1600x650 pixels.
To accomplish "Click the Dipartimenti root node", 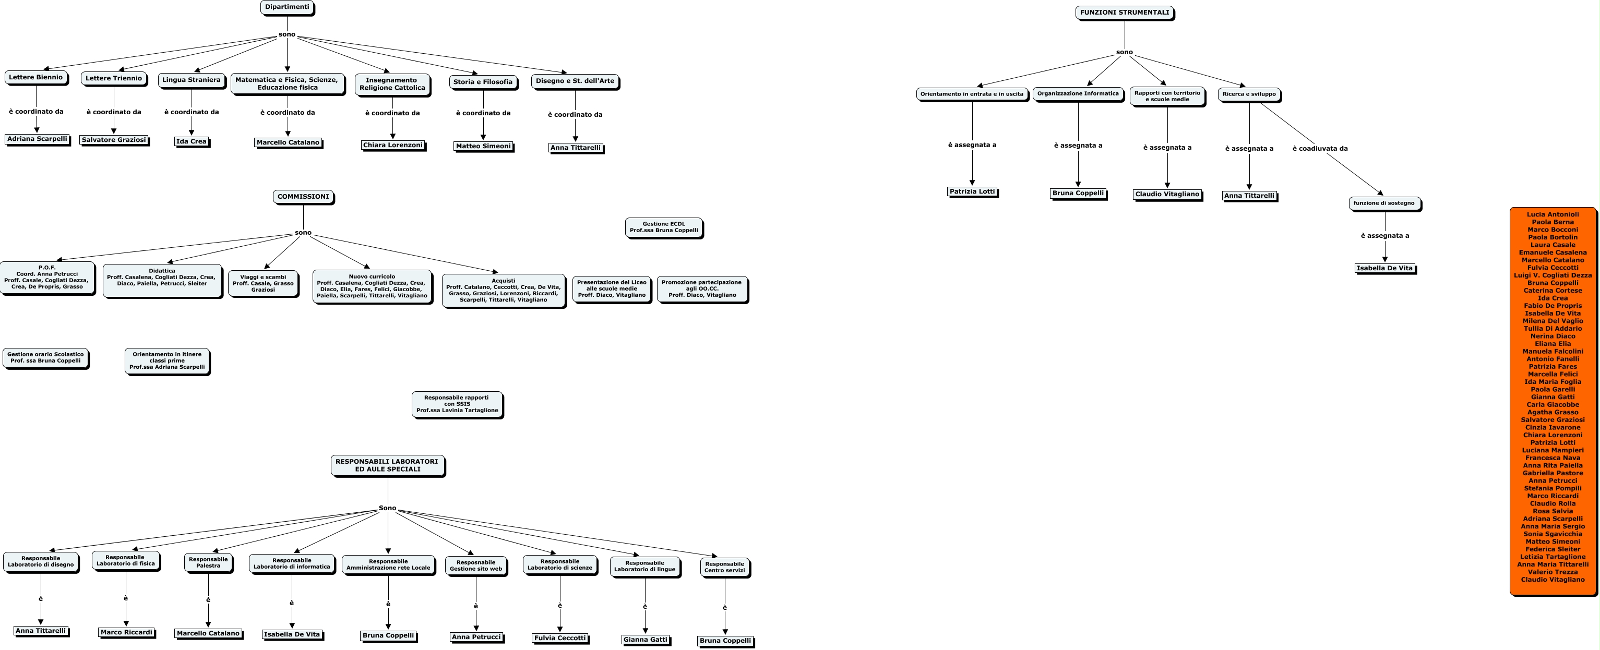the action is [287, 7].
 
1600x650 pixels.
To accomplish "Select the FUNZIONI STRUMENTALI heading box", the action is [1124, 13].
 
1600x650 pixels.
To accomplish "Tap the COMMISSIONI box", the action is [303, 197].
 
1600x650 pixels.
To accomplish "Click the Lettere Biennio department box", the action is [36, 78].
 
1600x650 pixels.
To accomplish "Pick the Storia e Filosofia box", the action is [483, 82].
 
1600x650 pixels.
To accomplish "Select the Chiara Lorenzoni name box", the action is [392, 145].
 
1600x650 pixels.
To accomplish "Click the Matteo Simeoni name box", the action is [483, 147].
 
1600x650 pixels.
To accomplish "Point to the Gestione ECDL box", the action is [663, 227].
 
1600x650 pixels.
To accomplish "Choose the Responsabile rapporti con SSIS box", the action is [457, 404].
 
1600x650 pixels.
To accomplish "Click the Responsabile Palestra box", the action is [208, 562].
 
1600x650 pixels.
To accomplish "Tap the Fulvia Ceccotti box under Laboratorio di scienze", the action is [559, 638].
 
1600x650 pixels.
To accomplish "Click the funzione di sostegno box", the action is [1384, 203].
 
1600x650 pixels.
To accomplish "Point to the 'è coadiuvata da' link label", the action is [1320, 148].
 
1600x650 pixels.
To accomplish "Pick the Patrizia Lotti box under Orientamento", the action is [972, 192].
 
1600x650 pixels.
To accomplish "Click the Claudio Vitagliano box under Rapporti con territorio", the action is [1167, 194].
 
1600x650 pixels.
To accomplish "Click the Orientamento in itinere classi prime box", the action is [167, 360].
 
